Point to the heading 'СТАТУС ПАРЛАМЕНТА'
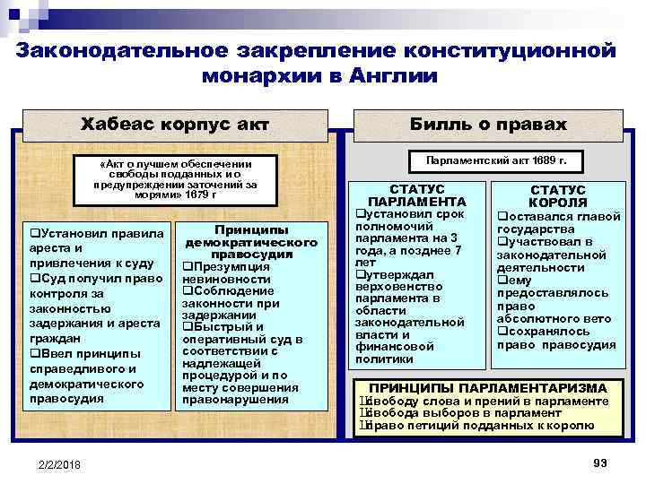point(417,196)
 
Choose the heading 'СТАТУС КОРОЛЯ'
point(558,196)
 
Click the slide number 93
point(600,461)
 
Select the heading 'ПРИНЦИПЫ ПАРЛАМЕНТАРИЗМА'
point(489,388)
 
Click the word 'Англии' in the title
point(389,76)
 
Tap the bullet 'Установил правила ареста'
point(95,240)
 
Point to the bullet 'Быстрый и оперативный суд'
point(242,333)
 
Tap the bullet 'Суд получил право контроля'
point(95,285)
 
